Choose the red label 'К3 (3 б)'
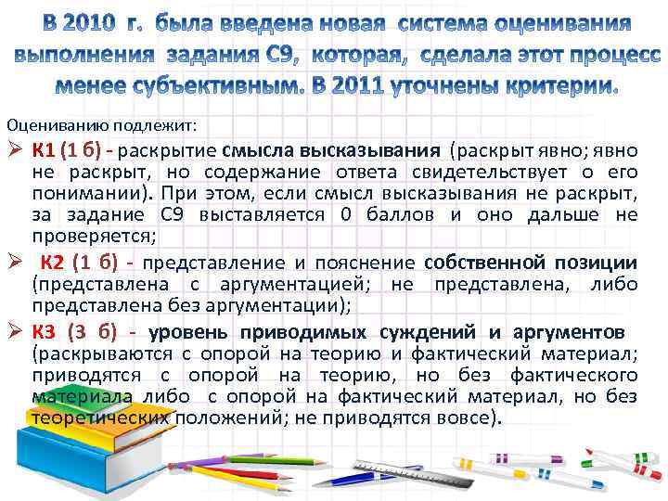click(73, 332)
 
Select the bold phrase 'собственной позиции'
click(531, 263)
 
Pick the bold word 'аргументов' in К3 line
click(567, 332)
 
